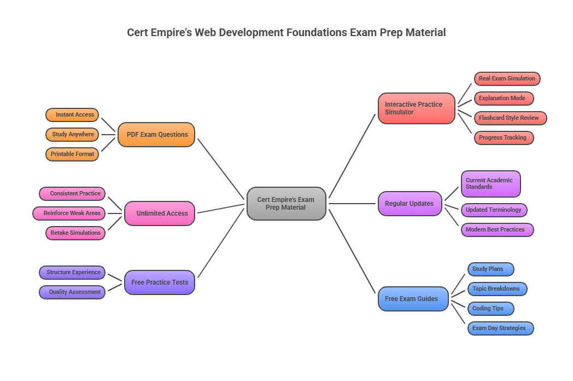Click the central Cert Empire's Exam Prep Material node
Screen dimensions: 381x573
pyautogui.click(x=286, y=204)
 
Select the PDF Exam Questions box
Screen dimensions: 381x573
pyautogui.click(x=156, y=135)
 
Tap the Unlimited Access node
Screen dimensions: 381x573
pyautogui.click(x=160, y=213)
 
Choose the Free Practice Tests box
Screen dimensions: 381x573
pyautogui.click(x=160, y=282)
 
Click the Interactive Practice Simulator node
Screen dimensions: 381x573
pyautogui.click(x=417, y=108)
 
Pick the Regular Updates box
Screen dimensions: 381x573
pyautogui.click(x=410, y=204)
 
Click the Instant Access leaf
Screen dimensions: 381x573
pyautogui.click(x=73, y=115)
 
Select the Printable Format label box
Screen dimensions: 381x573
pyautogui.click(x=73, y=154)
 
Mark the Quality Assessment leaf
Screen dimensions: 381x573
pyautogui.click(x=72, y=292)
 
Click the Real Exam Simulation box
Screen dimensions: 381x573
pyautogui.click(x=507, y=79)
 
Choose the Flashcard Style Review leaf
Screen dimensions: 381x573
pyautogui.click(x=510, y=118)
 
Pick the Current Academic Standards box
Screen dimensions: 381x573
pyautogui.click(x=490, y=184)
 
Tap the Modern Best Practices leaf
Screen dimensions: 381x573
pyautogui.click(x=497, y=230)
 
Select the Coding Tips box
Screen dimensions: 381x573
pyautogui.click(x=490, y=309)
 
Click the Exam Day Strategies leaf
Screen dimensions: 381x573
pyautogui.click(x=500, y=328)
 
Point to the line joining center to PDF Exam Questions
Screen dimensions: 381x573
pyautogui.click(x=221, y=169)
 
